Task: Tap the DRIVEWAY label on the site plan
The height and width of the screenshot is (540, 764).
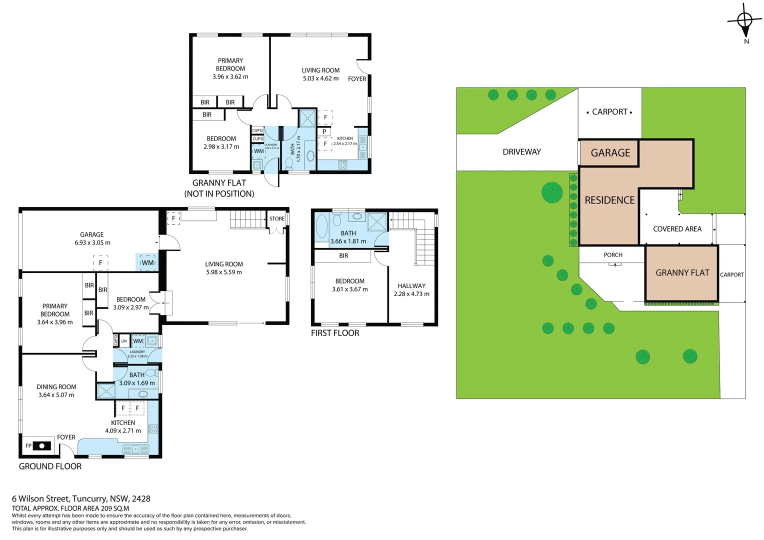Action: [521, 152]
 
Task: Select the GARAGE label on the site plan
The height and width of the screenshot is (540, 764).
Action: [610, 153]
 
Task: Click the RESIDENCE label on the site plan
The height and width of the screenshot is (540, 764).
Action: [609, 200]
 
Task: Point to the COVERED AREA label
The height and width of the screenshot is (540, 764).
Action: [677, 229]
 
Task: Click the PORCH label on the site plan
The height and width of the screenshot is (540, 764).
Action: [613, 255]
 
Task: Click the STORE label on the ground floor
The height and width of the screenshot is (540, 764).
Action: [276, 218]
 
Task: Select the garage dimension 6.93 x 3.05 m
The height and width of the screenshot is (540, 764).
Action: [92, 243]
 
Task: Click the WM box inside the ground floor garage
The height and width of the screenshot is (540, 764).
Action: [147, 262]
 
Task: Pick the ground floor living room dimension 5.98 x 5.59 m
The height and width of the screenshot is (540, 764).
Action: [224, 272]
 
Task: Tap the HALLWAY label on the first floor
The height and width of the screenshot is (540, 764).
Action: [411, 286]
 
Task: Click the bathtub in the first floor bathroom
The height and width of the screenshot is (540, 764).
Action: [321, 227]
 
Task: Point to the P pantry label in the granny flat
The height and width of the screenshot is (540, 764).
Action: [324, 132]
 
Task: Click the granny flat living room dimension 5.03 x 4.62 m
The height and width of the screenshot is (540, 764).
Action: [320, 78]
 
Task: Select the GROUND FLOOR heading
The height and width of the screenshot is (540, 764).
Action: [50, 466]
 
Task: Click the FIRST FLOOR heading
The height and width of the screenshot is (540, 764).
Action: [335, 333]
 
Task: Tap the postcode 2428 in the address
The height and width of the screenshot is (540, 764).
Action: [141, 498]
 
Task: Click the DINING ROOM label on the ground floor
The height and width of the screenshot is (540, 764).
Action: [56, 387]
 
